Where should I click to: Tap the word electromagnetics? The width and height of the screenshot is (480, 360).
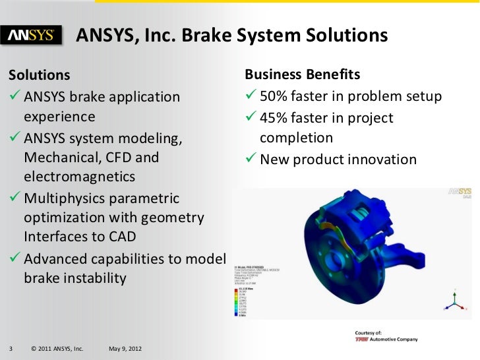pos(79,177)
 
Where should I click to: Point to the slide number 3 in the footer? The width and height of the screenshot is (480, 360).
pos(11,348)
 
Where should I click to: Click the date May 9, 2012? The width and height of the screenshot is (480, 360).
pos(123,348)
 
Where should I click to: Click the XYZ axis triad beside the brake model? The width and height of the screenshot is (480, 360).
pos(453,299)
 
